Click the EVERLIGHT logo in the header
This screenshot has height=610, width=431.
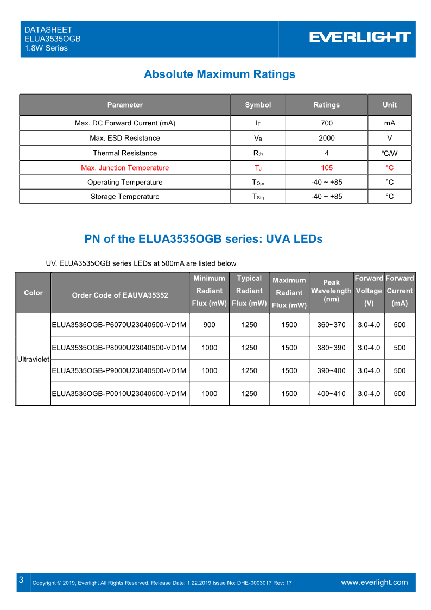pyautogui.click(x=360, y=37)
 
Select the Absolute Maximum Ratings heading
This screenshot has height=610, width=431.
pyautogui.click(x=219, y=74)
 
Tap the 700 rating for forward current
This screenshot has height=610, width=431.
pyautogui.click(x=326, y=123)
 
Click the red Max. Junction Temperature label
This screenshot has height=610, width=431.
pyautogui.click(x=125, y=168)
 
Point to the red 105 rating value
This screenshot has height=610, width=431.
pyautogui.click(x=326, y=168)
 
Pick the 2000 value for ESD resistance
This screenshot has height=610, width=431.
pyautogui.click(x=326, y=138)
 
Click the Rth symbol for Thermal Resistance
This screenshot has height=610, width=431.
pyautogui.click(x=258, y=153)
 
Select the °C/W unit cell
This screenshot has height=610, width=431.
pyautogui.click(x=389, y=153)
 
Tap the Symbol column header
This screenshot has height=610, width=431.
pyautogui.click(x=258, y=105)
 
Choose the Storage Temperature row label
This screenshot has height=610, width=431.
pyautogui.click(x=125, y=197)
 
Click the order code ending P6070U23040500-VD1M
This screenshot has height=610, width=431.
pyautogui.click(x=119, y=325)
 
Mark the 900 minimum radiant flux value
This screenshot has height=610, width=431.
pyautogui.click(x=209, y=325)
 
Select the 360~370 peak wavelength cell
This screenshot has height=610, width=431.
pyautogui.click(x=331, y=325)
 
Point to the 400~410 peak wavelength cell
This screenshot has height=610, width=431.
pyautogui.click(x=331, y=394)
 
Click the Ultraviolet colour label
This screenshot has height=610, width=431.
pyautogui.click(x=33, y=360)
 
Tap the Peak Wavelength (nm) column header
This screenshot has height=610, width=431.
pyautogui.click(x=331, y=291)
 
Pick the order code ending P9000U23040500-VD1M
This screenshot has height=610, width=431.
pyautogui.click(x=119, y=371)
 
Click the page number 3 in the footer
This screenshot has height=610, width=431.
pyautogui.click(x=21, y=581)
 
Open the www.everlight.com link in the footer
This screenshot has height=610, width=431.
pyautogui.click(x=374, y=582)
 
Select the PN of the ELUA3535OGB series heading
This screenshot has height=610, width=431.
pyautogui.click(x=204, y=239)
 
